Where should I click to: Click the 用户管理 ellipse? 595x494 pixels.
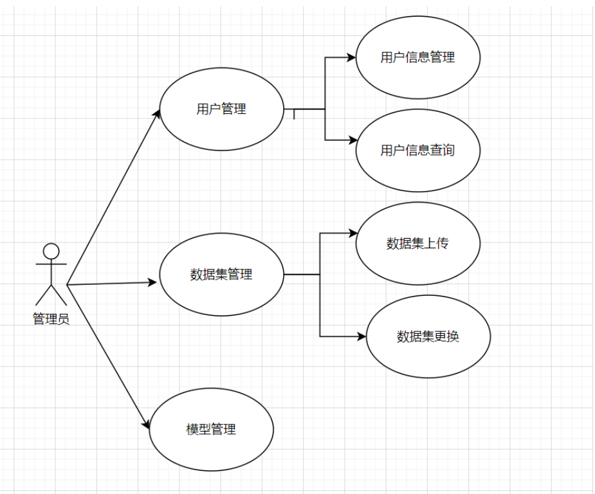(x=221, y=109)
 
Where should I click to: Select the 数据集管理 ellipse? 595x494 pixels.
(x=221, y=275)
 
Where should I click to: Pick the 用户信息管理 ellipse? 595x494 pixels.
(x=417, y=57)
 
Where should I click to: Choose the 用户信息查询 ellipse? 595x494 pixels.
(x=417, y=151)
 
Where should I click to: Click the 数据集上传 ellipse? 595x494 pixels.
(x=417, y=243)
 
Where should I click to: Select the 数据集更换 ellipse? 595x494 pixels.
(x=428, y=336)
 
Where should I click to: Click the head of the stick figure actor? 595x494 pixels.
(x=51, y=251)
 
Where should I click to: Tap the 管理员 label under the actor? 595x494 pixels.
(x=51, y=319)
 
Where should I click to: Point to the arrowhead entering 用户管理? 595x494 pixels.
(x=157, y=114)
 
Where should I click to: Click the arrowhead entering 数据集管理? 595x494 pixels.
(x=153, y=282)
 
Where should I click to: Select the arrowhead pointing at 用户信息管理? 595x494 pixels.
(x=351, y=57)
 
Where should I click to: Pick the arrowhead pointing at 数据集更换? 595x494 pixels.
(x=362, y=336)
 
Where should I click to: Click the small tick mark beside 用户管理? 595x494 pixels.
(x=294, y=114)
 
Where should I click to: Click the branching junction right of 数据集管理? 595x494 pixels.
(x=320, y=275)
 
